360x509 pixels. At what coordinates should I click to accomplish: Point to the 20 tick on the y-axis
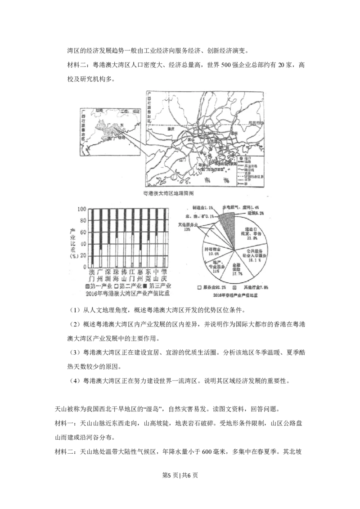tap(82, 255)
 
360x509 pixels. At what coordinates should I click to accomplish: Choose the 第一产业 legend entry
tap(99, 286)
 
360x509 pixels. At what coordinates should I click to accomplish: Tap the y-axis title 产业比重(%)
tap(72, 243)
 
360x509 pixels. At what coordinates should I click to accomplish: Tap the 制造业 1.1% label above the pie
tap(202, 207)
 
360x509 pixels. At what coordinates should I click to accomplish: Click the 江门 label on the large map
tap(182, 159)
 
